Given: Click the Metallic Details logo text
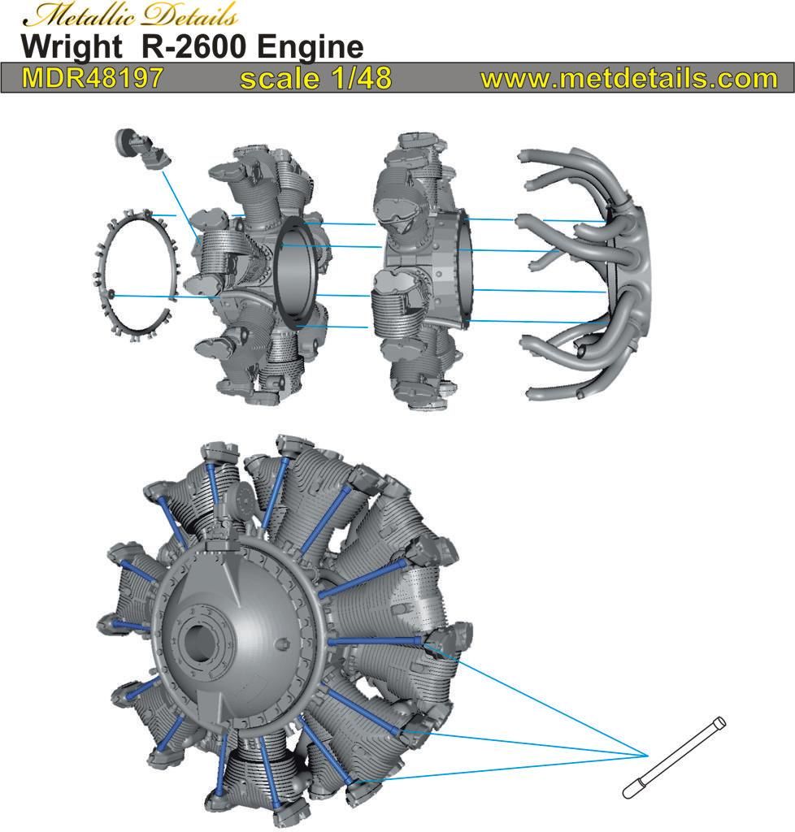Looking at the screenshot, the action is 130,15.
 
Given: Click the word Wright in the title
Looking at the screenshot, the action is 72,46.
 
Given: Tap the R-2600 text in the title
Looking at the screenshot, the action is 193,46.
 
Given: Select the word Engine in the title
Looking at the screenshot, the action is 310,46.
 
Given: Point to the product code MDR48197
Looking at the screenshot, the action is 93,77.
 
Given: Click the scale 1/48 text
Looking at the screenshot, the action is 315,78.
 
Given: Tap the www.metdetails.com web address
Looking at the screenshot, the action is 629,79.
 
